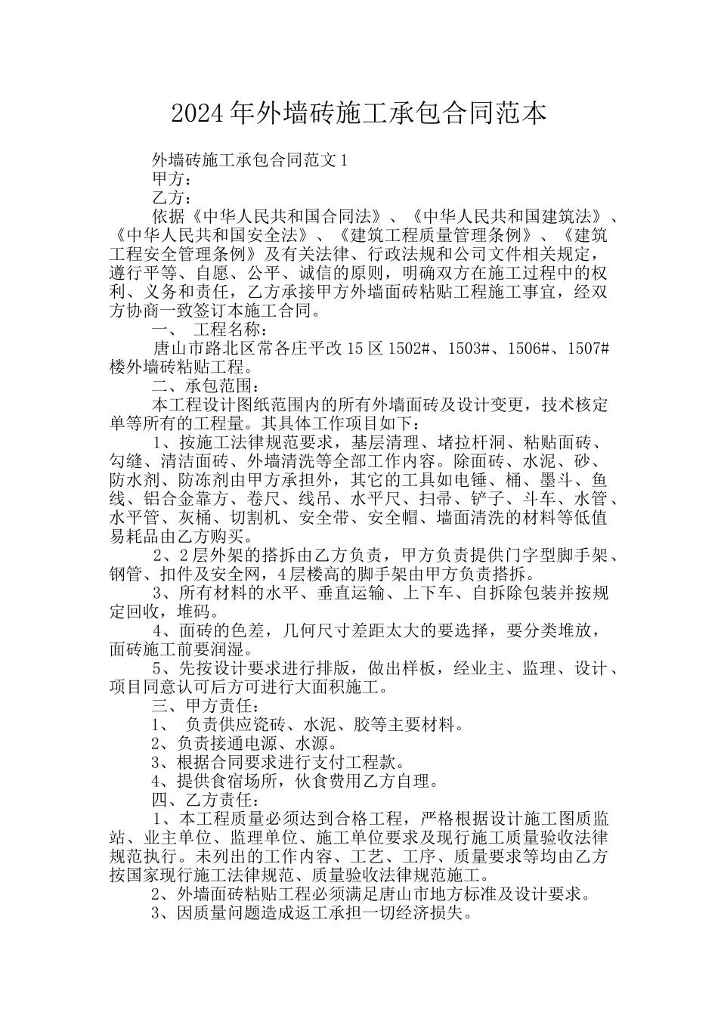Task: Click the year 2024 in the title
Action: tap(197, 114)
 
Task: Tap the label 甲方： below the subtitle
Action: tap(172, 179)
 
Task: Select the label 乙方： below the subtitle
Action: tap(172, 198)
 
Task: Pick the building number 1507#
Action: tap(582, 349)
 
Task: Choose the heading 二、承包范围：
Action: tap(205, 386)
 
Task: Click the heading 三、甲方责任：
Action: tap(205, 707)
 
